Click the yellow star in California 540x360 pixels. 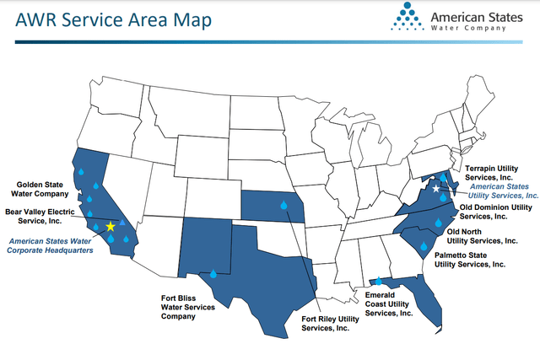click(x=111, y=227)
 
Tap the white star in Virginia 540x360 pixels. click(x=435, y=189)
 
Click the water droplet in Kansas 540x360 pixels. click(x=284, y=204)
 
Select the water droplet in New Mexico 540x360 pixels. click(x=213, y=273)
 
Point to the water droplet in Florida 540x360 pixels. click(x=379, y=281)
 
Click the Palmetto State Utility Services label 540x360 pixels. click(x=470, y=259)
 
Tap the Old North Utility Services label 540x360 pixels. click(x=482, y=236)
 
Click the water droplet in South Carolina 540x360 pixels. click(x=421, y=244)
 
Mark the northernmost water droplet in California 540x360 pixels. click(x=82, y=171)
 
